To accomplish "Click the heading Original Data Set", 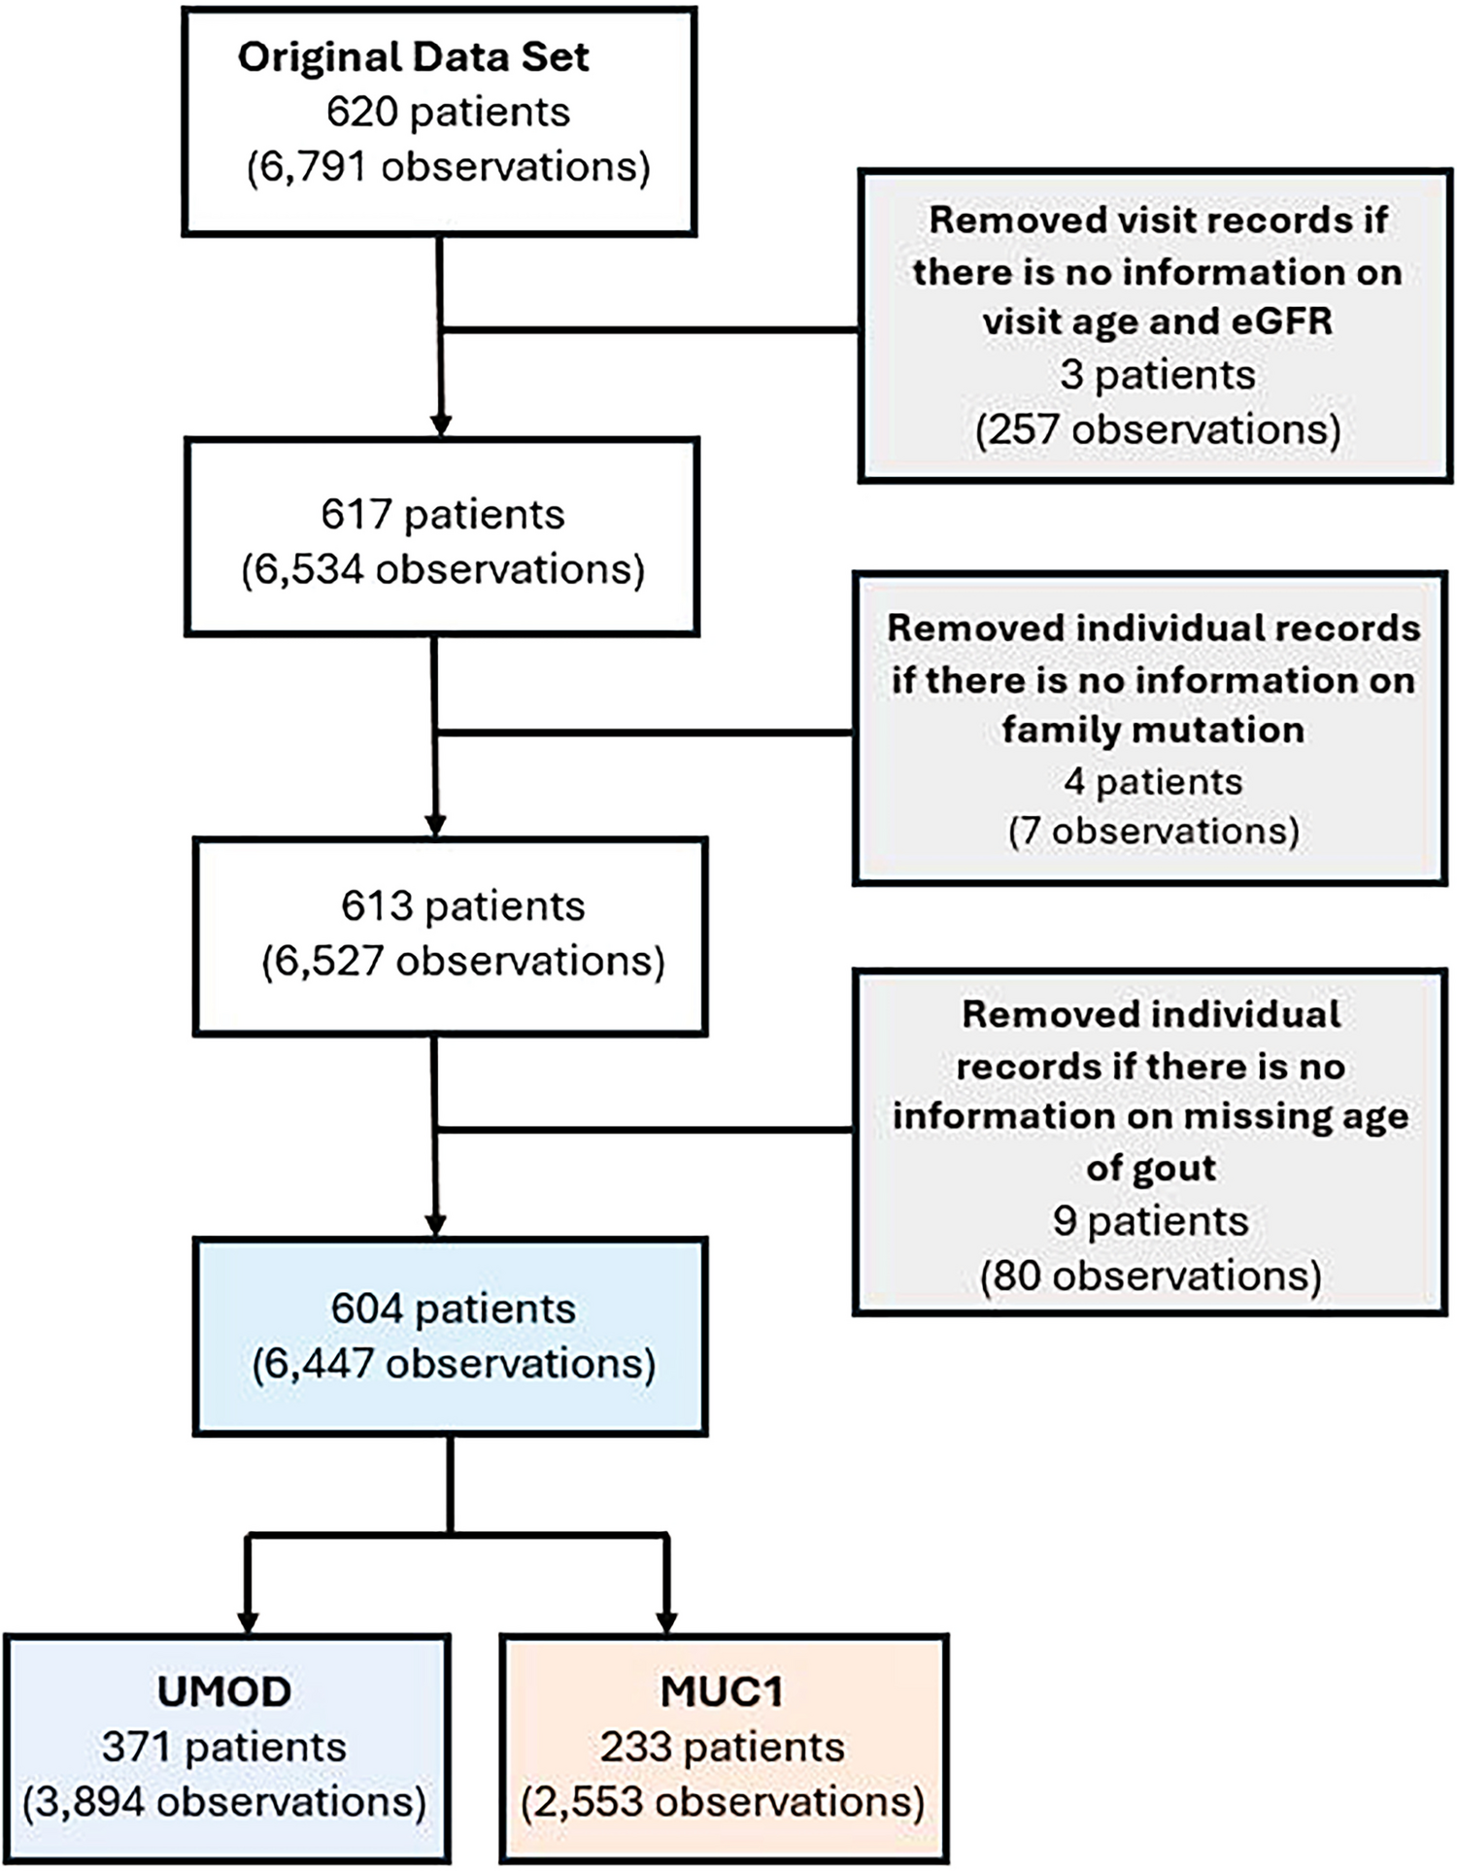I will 413,57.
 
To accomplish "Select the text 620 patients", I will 448,113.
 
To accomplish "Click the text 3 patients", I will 1157,375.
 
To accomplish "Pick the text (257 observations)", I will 1157,428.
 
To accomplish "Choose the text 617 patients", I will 442,514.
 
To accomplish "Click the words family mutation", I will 1152,730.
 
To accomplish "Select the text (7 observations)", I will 1152,832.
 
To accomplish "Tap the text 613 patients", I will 462,905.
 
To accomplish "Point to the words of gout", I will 1150,1168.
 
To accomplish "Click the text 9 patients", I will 1150,1221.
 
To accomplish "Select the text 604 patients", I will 453,1309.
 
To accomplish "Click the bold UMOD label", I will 224,1691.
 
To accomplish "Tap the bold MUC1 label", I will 722,1691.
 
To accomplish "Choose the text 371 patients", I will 224,1747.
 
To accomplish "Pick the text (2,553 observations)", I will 722,1802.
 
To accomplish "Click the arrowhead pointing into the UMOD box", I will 249,1622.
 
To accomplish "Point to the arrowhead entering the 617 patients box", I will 441,425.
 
